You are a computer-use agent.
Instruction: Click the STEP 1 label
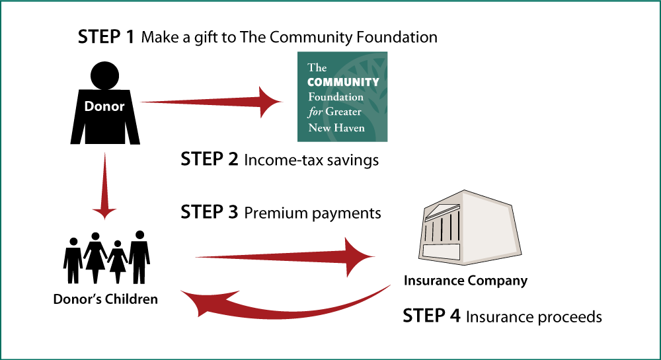106,37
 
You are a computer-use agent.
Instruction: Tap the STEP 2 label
210,159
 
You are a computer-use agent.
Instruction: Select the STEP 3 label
210,212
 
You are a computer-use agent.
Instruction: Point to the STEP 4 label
432,316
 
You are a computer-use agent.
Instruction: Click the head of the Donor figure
104,75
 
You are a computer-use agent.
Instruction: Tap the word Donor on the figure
104,106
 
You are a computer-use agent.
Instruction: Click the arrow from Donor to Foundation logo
211,102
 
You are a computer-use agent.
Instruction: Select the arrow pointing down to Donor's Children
104,186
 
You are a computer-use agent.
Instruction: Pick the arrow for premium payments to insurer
285,257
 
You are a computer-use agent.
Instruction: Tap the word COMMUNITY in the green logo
343,82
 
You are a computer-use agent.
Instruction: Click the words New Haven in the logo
336,127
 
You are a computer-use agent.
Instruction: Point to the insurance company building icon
470,227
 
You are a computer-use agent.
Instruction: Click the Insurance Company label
465,281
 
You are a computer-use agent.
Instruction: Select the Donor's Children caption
105,299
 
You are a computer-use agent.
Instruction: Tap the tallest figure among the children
139,257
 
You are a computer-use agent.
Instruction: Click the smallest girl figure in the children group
118,262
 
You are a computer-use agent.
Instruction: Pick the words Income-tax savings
311,160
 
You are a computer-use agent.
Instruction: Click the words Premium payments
313,213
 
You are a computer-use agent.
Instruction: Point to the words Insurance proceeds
533,316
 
